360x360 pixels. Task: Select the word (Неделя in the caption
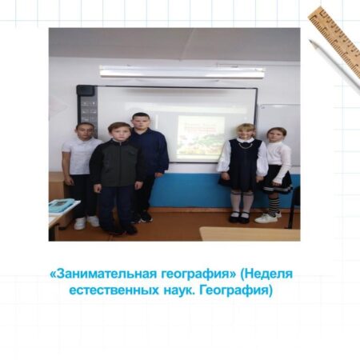pos(266,274)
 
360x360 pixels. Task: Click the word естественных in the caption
pos(114,290)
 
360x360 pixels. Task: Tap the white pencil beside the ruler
pos(334,66)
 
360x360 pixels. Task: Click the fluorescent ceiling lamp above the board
pos(182,72)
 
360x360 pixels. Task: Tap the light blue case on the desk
pos(61,205)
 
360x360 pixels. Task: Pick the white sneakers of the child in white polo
pos(86,222)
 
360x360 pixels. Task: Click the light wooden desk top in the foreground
pos(250,234)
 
